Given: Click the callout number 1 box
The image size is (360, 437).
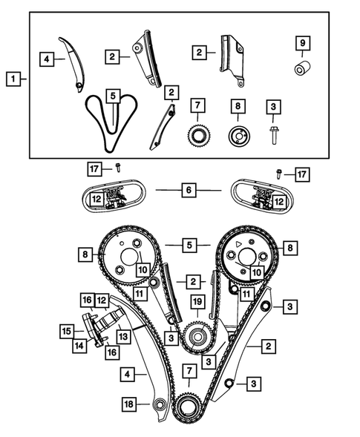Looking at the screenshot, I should coord(12,77).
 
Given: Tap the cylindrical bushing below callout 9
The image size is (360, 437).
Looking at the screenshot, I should coord(302,70).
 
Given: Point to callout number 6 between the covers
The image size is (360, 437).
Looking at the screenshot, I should coord(189,191).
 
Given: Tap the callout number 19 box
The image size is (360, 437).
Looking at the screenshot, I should coord(197,302).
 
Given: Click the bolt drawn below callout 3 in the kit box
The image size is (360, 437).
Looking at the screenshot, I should coord(274,135).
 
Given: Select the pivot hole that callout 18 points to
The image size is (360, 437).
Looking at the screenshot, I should coord(158,404).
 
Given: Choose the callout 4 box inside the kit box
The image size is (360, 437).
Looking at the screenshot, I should coord(46,57).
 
